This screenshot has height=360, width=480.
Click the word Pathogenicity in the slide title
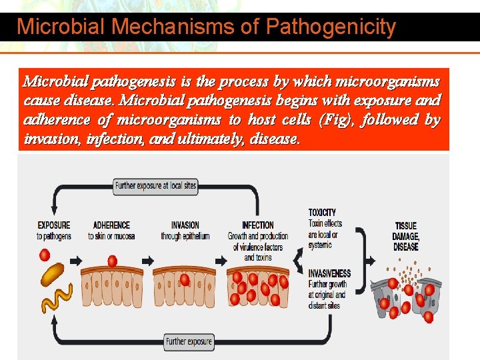(x=331, y=27)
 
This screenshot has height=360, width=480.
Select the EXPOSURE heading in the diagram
(x=53, y=225)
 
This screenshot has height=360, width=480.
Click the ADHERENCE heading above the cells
(x=111, y=225)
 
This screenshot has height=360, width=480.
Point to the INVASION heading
(x=185, y=225)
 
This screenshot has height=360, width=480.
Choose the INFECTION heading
(x=257, y=225)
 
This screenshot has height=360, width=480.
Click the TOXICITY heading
(x=322, y=213)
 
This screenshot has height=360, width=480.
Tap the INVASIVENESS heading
(x=329, y=274)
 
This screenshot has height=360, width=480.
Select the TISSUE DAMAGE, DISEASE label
(x=406, y=236)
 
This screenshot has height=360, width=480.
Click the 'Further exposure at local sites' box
(x=155, y=185)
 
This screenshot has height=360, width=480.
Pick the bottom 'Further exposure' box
(x=189, y=341)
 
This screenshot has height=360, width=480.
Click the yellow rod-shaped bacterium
(x=53, y=273)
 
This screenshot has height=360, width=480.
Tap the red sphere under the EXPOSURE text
(x=45, y=255)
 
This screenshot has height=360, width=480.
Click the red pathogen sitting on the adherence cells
(x=112, y=261)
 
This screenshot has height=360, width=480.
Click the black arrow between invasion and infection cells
(x=217, y=260)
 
